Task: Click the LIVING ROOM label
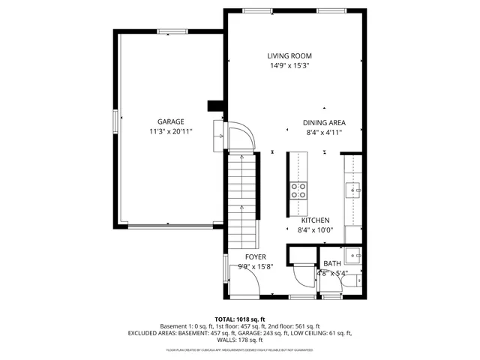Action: (x=289, y=55)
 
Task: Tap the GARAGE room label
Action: (x=170, y=121)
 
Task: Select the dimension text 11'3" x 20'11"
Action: (x=170, y=131)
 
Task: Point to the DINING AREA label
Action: (x=324, y=122)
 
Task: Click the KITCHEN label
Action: (x=315, y=220)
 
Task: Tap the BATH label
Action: (x=331, y=263)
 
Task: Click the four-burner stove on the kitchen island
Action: (x=298, y=190)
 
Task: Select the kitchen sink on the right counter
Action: (x=353, y=190)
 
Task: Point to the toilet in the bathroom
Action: (x=359, y=283)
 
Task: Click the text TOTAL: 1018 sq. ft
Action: (x=240, y=319)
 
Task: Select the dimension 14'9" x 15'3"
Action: (x=289, y=66)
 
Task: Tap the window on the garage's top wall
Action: (x=172, y=31)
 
